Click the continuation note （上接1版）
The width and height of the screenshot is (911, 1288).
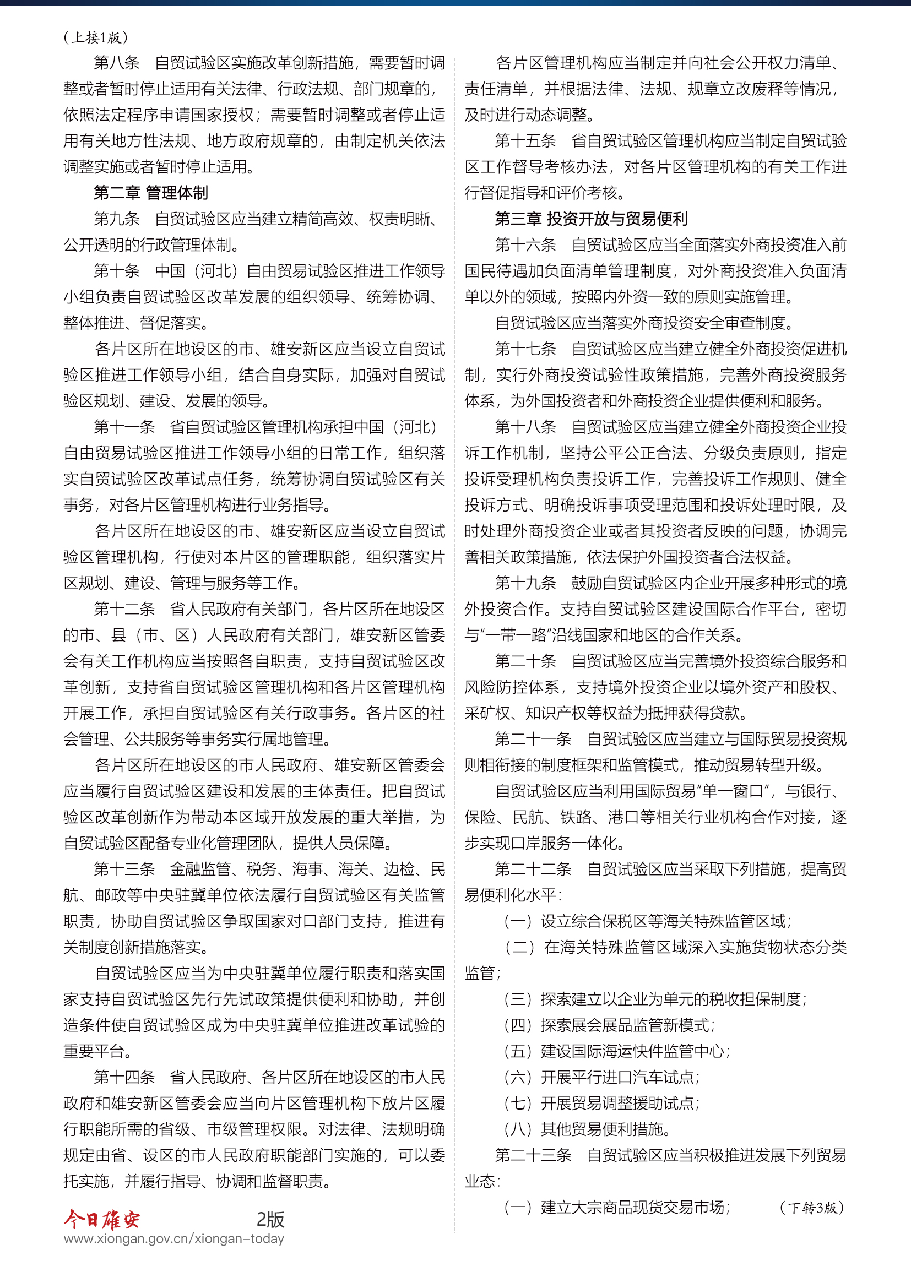[95, 37]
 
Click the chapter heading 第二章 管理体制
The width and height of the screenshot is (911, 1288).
[150, 193]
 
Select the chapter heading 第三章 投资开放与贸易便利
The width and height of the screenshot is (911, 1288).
[590, 219]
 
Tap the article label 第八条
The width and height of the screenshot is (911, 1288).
[117, 63]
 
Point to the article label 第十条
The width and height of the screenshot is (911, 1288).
[117, 271]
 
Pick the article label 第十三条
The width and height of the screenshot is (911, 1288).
[124, 869]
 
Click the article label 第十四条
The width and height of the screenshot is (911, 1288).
[124, 1077]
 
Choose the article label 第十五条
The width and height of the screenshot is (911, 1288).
[525, 141]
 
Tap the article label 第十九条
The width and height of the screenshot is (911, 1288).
[525, 583]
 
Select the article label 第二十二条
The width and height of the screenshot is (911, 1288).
[533, 869]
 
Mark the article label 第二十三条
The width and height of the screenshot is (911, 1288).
[533, 1155]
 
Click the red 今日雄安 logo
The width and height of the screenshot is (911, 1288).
[101, 1219]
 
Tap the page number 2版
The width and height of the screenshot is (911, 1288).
[270, 1219]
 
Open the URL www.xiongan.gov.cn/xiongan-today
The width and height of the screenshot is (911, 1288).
[174, 1238]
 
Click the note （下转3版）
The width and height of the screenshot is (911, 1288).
[812, 1208]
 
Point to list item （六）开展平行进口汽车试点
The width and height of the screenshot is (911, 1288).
[601, 1077]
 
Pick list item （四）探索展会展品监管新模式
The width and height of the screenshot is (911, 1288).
[609, 1025]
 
